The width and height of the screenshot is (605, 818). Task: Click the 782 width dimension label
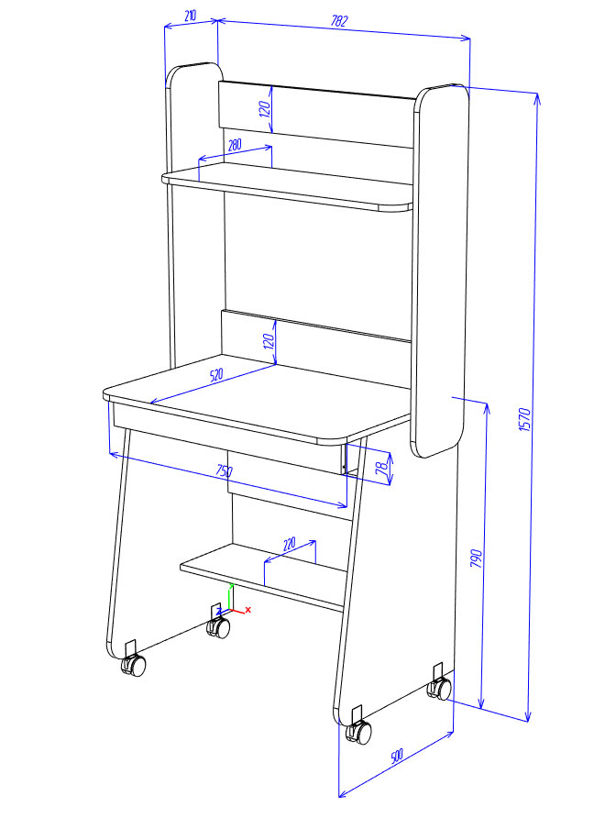pyautogui.click(x=339, y=21)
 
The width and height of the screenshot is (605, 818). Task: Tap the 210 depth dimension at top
pyautogui.click(x=191, y=16)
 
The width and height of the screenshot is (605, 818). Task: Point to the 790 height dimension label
pyautogui.click(x=476, y=558)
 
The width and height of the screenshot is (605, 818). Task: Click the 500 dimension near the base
pyautogui.click(x=397, y=756)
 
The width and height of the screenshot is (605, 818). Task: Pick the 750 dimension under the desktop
pyautogui.click(x=224, y=470)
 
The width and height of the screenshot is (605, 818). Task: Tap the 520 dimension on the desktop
pyautogui.click(x=216, y=374)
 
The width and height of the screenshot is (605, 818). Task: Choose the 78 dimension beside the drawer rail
pyautogui.click(x=382, y=467)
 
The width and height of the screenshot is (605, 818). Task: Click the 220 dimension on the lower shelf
pyautogui.click(x=289, y=544)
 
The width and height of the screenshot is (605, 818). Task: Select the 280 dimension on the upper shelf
pyautogui.click(x=235, y=145)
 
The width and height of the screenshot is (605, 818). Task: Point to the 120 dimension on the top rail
pyautogui.click(x=265, y=108)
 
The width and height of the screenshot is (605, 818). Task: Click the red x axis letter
pyautogui.click(x=248, y=609)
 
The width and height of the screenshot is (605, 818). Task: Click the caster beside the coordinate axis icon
pyautogui.click(x=218, y=627)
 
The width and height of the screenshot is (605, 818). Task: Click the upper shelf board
pyautogui.click(x=287, y=186)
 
